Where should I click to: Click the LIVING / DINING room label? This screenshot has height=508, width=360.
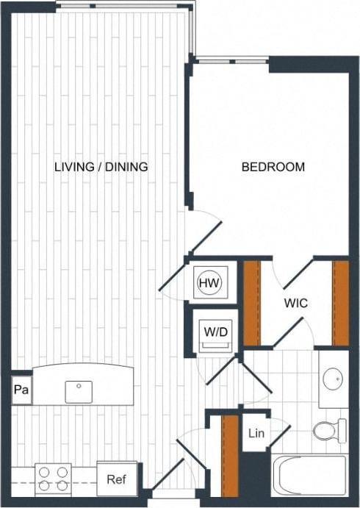coord(101,167)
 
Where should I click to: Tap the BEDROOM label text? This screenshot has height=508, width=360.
coord(273,167)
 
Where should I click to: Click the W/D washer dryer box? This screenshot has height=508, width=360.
coord(216,332)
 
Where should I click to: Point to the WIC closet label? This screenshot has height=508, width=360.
coord(295,303)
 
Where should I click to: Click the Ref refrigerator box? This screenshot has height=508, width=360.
coord(116,479)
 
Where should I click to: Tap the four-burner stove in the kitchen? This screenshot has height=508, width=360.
coord(54,479)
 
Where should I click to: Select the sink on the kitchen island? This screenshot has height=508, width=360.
coord(79,391)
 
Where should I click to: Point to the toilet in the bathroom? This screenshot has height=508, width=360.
coord(330,430)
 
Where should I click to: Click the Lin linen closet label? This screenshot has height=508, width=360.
coord(256,434)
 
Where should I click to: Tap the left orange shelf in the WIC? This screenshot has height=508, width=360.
coord(252,302)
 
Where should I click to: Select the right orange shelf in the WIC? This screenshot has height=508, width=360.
coord(340,302)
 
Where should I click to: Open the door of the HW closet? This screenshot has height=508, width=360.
coord(174,273)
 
